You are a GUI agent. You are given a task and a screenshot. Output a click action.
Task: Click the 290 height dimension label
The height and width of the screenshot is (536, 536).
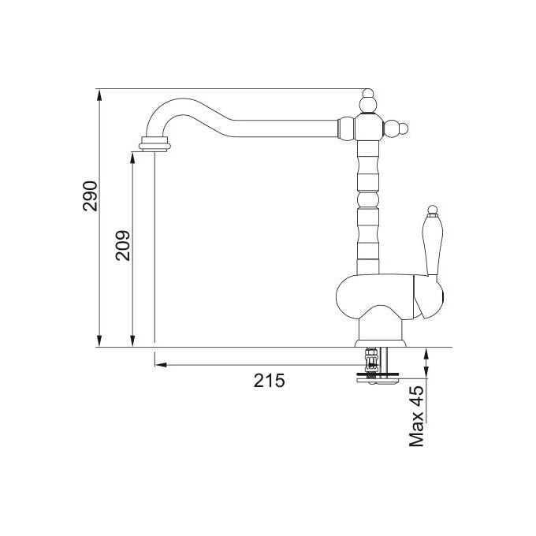90,195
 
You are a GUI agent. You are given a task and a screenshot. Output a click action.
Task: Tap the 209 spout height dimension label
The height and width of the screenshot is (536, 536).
123,246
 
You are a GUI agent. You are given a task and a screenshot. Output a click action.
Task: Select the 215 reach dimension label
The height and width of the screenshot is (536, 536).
269,381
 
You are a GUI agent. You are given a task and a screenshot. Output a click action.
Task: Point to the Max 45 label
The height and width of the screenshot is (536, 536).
416,417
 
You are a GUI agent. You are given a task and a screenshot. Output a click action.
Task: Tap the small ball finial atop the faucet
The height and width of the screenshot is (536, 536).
368,93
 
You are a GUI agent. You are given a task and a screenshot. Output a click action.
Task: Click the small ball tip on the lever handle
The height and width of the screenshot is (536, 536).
433,209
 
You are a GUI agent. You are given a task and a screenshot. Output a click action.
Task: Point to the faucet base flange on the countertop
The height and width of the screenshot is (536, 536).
381,343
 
